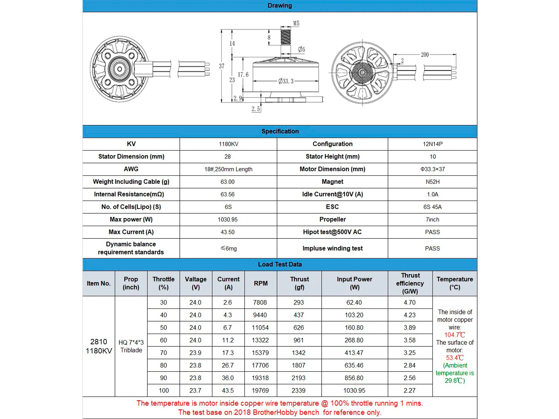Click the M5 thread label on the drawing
[x=296, y=23]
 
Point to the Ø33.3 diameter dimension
[x=286, y=81]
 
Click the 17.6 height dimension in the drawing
[x=243, y=75]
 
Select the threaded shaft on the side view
[x=286, y=37]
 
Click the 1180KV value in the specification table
[x=228, y=144]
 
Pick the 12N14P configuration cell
[x=432, y=144]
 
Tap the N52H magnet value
[x=432, y=182]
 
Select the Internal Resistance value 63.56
[x=228, y=194]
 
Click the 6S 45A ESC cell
[x=432, y=207]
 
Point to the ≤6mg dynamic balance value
[x=228, y=248]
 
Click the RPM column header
[x=260, y=283]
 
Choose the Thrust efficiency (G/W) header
[x=410, y=283]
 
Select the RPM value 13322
[x=260, y=340]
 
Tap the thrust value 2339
[x=299, y=390]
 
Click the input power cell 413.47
[x=354, y=353]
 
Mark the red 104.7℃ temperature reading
[x=454, y=335]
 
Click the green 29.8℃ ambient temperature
[x=454, y=381]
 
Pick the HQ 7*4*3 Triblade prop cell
[x=131, y=346]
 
